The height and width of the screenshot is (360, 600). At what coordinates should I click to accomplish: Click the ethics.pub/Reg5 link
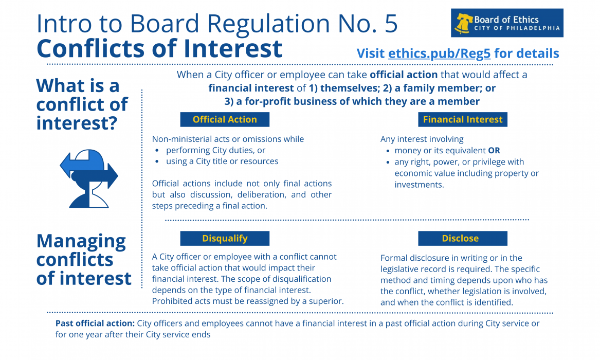click(x=439, y=53)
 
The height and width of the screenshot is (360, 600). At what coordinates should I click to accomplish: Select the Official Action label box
click(x=225, y=119)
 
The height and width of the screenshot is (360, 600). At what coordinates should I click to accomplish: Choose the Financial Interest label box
click(x=463, y=119)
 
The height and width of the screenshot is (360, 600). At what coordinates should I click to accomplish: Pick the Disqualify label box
click(x=225, y=238)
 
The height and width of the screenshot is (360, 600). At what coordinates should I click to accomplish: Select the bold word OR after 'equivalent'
click(x=494, y=151)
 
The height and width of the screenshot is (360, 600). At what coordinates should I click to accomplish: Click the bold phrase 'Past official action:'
click(x=95, y=323)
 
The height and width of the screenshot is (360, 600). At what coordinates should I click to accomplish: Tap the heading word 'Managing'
click(x=81, y=241)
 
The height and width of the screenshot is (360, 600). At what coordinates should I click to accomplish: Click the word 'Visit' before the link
click(x=371, y=53)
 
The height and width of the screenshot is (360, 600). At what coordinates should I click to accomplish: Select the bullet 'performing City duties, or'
click(x=215, y=150)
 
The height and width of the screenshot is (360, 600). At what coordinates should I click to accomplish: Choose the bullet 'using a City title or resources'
click(x=222, y=161)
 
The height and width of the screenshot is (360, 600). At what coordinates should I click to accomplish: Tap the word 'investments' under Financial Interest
click(x=418, y=185)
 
